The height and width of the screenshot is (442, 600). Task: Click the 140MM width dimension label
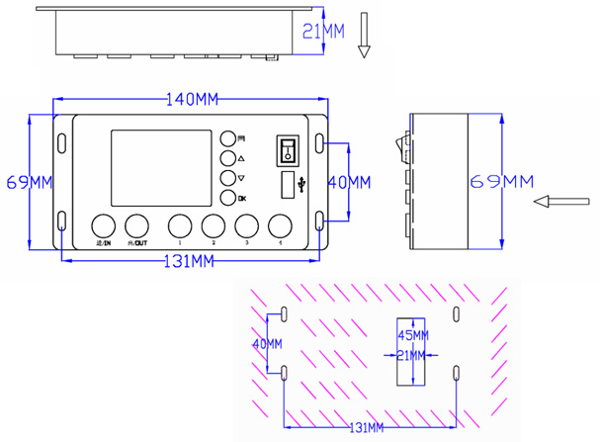[x=193, y=100]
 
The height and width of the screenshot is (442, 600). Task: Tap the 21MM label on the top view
[x=321, y=32]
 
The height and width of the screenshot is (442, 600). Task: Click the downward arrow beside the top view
[x=363, y=33]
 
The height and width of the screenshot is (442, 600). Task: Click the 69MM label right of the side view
[x=500, y=181]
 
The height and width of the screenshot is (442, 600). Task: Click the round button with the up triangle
[x=227, y=158]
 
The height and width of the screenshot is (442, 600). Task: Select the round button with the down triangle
[x=227, y=178]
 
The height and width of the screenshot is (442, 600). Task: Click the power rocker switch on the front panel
[x=288, y=149]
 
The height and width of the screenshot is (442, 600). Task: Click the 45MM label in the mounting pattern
[x=410, y=333]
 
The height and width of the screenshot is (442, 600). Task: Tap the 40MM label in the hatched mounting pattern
[x=267, y=343]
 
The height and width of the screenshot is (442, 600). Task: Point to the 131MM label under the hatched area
[x=367, y=426]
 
